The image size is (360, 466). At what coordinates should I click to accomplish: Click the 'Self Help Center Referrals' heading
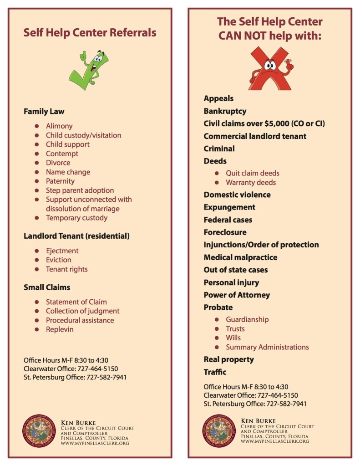(90, 33)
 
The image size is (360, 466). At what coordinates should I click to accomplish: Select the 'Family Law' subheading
(44, 111)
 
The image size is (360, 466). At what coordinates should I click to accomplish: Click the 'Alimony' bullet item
(59, 126)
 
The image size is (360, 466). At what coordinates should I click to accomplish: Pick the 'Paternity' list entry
(60, 181)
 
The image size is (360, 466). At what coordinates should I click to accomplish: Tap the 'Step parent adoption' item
(80, 190)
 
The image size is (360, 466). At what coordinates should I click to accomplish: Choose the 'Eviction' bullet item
(58, 260)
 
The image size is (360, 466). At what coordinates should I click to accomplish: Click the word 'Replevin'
(60, 329)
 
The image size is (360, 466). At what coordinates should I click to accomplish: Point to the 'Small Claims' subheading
(47, 287)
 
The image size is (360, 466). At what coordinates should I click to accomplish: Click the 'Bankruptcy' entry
(225, 111)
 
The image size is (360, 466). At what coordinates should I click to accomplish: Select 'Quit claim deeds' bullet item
(253, 174)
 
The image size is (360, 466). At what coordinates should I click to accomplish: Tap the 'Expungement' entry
(229, 207)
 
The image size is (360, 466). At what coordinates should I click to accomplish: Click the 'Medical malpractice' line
(240, 257)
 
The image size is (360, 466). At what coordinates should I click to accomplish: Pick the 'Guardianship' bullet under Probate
(247, 320)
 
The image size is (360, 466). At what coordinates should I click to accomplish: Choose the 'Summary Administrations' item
(267, 347)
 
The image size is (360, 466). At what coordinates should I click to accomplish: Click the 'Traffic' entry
(215, 372)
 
